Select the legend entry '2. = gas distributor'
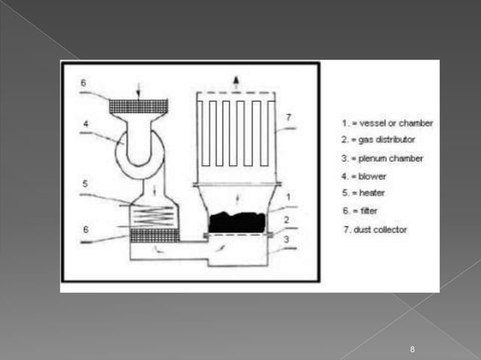(x=378, y=140)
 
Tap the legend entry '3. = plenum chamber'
(x=381, y=158)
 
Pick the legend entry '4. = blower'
(x=363, y=176)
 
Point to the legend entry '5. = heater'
(x=363, y=194)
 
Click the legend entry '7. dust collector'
(x=375, y=229)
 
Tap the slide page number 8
(x=412, y=349)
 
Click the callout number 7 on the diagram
(x=289, y=117)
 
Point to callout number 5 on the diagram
(x=86, y=183)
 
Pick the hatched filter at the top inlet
(x=138, y=106)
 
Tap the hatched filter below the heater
(x=154, y=236)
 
